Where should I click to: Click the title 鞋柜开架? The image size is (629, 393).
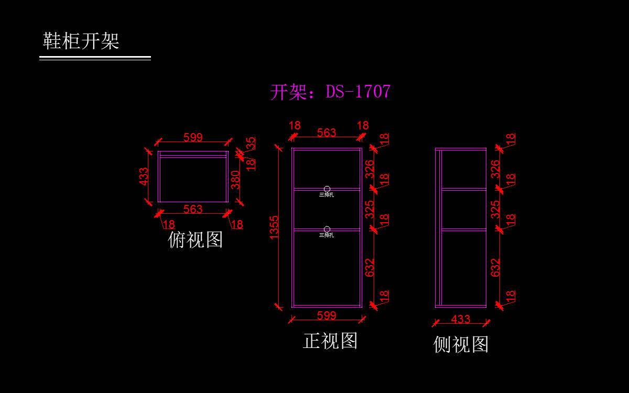coord(81,41)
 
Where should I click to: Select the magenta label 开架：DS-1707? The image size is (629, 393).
coord(330,92)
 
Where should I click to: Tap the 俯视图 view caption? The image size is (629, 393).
coord(196,239)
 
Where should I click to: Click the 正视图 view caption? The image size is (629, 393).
coord(330,341)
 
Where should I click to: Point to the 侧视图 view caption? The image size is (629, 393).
coord(461,344)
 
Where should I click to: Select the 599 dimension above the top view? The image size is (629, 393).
coord(193,137)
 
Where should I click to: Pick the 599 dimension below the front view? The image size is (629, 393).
coord(327,315)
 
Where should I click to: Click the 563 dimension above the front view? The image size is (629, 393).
coord(327,133)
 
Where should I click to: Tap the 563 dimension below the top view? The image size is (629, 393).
coord(193,209)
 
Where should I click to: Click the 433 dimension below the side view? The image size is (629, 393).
coord(461,319)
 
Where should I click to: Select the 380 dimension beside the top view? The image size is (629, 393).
coord(236,180)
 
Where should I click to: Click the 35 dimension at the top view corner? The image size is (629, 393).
coord(251,143)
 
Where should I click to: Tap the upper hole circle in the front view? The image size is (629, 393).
coord(327,189)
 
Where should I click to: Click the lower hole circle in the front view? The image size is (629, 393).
coord(327,229)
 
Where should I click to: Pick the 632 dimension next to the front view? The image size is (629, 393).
coord(370,268)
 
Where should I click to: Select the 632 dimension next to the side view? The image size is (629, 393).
coord(496,268)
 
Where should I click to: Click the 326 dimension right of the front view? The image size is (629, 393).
coord(370,169)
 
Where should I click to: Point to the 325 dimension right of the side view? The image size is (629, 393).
coord(496,209)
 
